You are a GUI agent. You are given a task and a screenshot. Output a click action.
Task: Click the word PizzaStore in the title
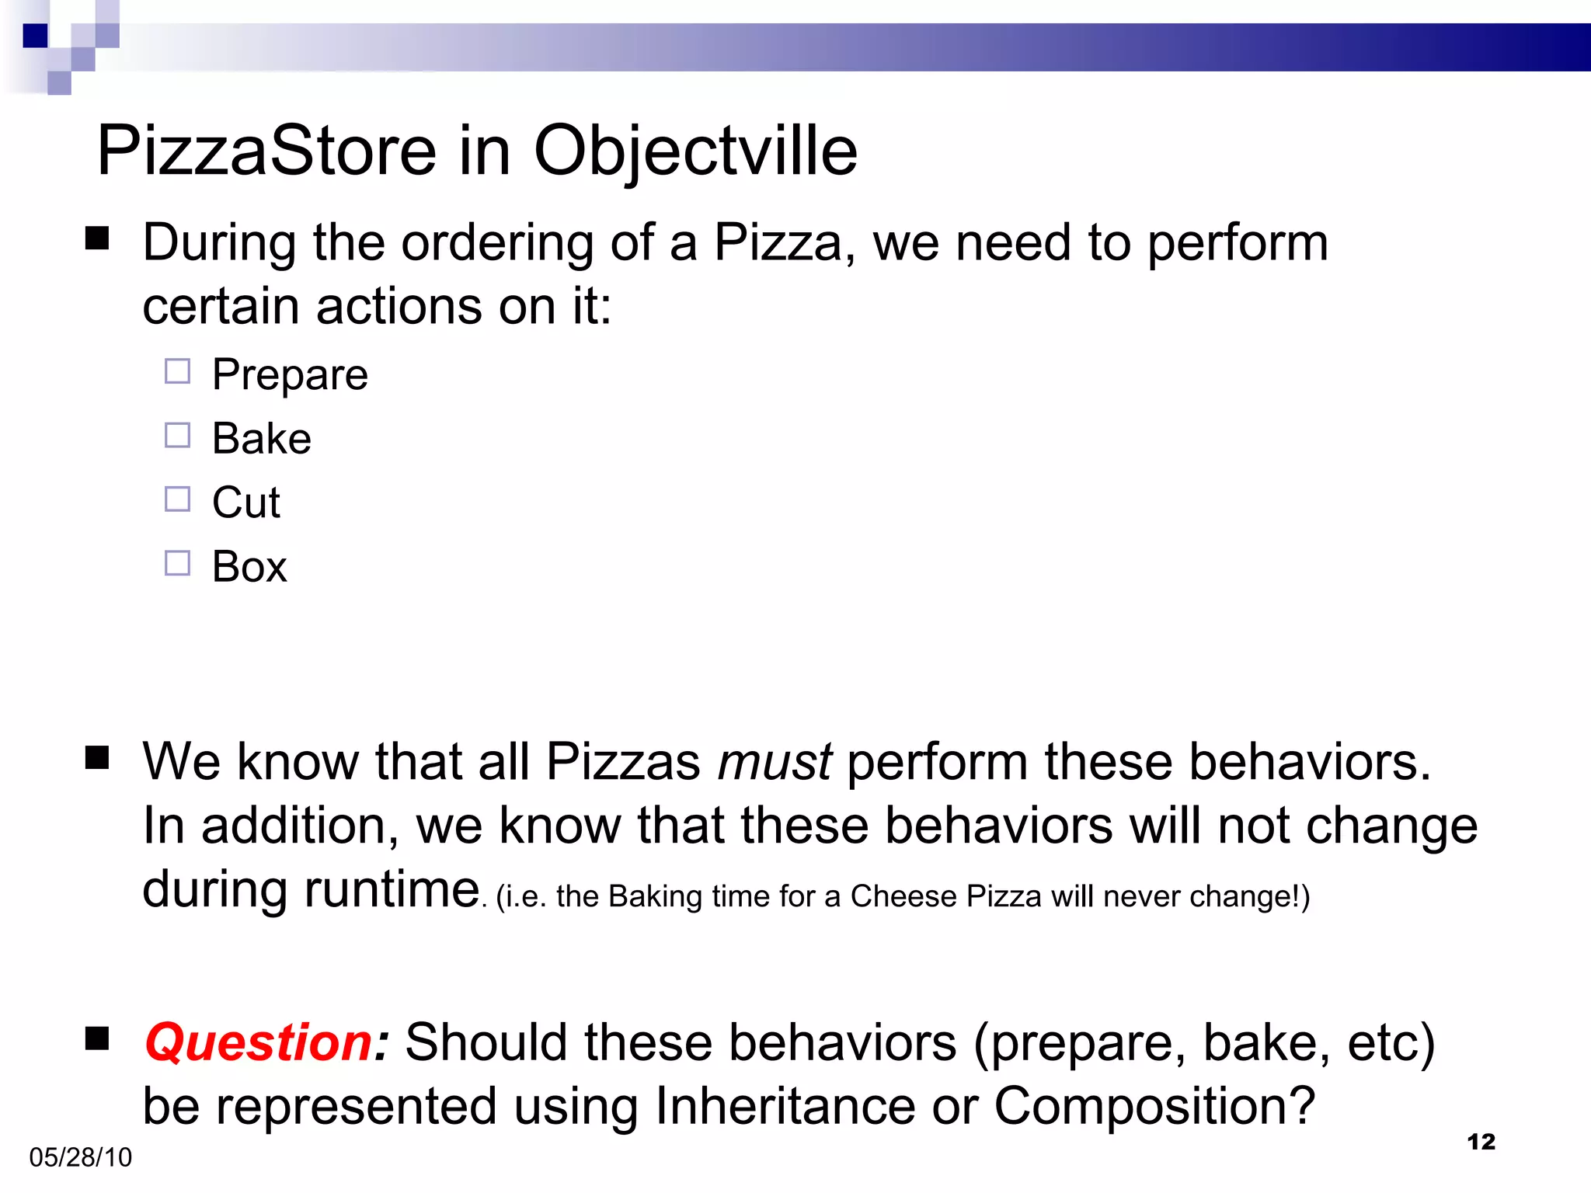266,151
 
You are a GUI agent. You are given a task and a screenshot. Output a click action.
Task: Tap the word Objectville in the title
695,151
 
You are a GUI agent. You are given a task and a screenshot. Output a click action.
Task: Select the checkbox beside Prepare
177,371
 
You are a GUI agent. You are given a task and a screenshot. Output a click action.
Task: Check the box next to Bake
177,435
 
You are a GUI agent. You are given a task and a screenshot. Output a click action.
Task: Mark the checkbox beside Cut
177,499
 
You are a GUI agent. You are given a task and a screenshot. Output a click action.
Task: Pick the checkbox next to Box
177,563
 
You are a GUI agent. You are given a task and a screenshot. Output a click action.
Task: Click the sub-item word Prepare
290,376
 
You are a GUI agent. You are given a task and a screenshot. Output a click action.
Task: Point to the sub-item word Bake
262,439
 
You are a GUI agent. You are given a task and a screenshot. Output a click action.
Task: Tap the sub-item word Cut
245,503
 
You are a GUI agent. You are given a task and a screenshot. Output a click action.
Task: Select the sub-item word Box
249,567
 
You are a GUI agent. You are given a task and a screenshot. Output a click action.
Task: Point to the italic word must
775,762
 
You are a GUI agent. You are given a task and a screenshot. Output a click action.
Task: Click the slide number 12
1481,1142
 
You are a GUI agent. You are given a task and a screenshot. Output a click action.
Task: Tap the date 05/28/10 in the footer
80,1157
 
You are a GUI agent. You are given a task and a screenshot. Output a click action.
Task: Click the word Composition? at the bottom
1154,1106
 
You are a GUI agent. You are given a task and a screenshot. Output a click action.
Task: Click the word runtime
391,889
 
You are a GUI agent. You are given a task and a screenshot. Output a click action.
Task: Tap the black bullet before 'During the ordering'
97,238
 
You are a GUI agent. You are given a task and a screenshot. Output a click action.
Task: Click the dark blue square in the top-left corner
35,36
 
